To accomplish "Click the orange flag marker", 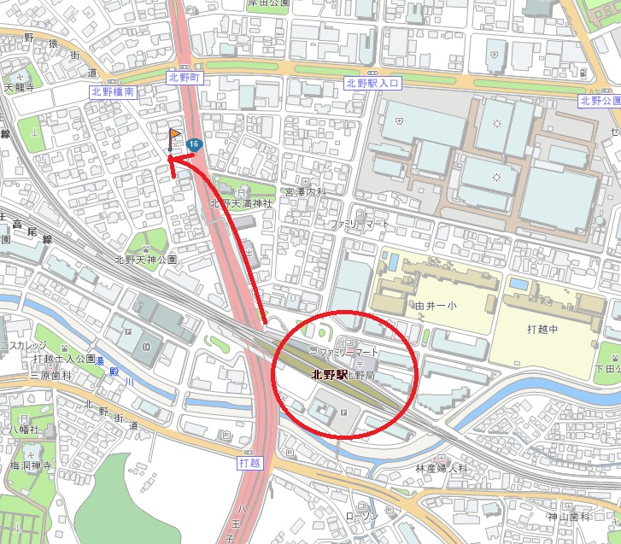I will [174, 136].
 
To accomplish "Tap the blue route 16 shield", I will [196, 145].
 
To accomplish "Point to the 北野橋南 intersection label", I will [111, 91].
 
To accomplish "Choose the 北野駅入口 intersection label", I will [372, 83].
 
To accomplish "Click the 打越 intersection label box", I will [247, 461].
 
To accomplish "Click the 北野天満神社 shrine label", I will [241, 204].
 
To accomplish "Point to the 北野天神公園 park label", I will [145, 259].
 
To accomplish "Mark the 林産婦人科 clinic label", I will [442, 469].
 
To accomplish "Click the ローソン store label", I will [361, 517].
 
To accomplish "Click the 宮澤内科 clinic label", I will [306, 192].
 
